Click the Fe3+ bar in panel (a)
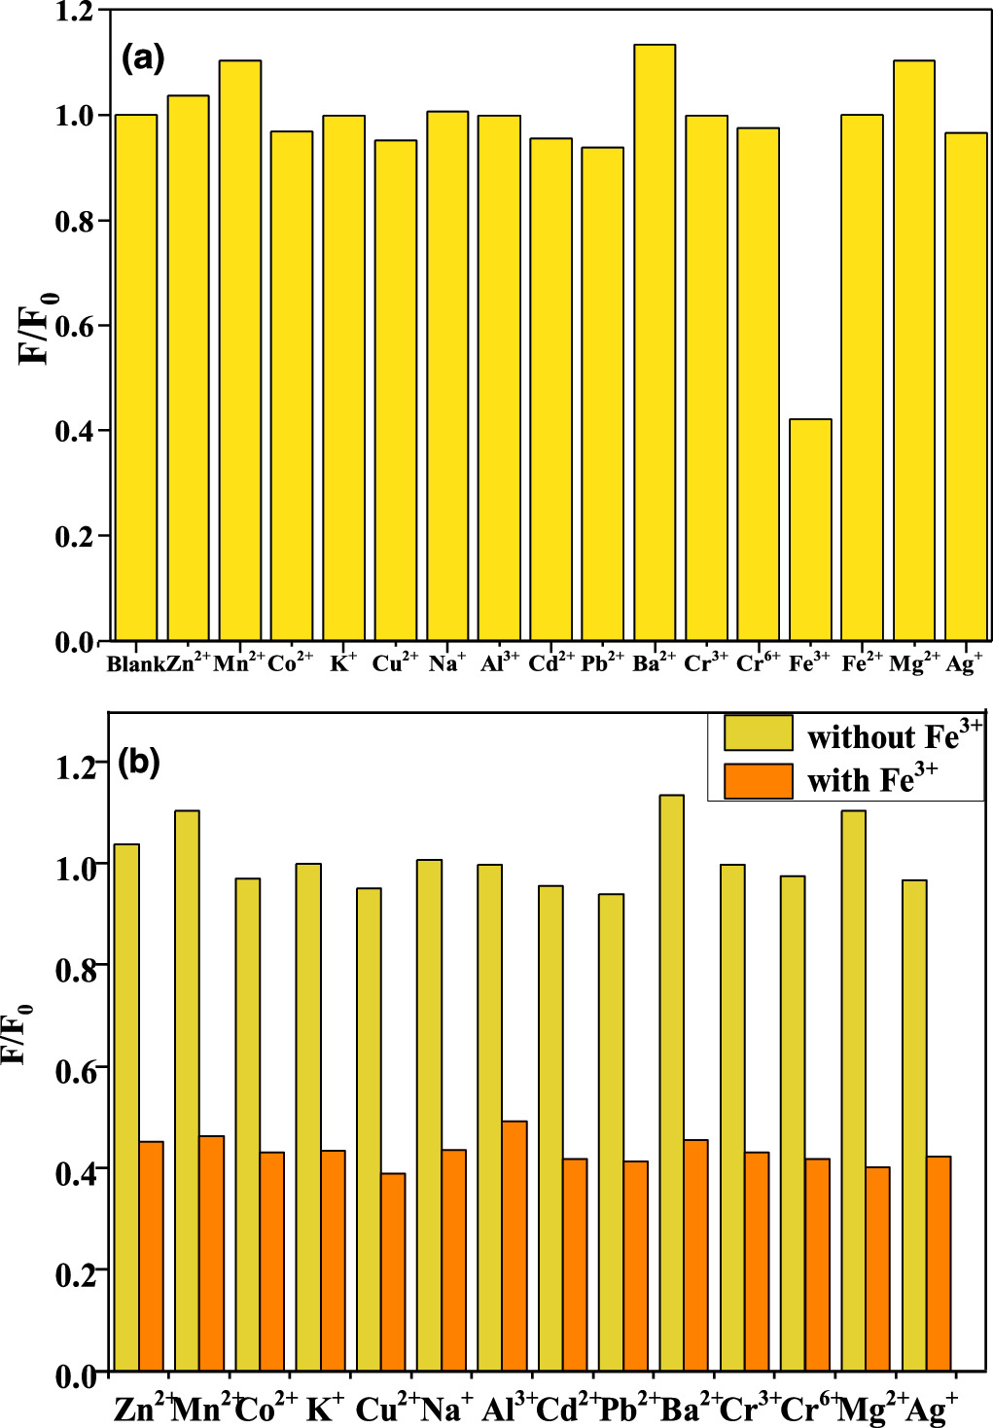(810, 530)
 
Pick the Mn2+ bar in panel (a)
(239, 350)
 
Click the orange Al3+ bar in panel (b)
(514, 1245)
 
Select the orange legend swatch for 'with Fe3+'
(758, 781)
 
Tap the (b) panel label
(138, 762)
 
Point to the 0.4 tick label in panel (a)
(75, 431)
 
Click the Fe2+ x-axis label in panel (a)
(862, 663)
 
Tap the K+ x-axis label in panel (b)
(325, 1408)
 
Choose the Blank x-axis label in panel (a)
(135, 664)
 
